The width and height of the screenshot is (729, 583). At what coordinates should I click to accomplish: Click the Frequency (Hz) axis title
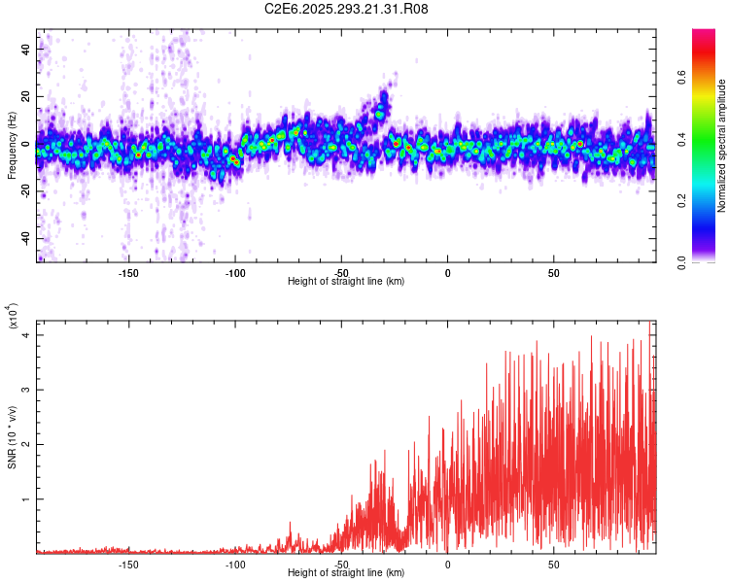tap(12, 146)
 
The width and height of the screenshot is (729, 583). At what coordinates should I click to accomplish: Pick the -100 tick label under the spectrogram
tap(234, 272)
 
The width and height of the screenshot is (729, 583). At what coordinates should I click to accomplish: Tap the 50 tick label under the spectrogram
tap(553, 272)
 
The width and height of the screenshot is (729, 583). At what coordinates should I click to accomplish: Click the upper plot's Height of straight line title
tap(347, 282)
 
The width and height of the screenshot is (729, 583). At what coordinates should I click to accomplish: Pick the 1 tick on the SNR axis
tap(26, 499)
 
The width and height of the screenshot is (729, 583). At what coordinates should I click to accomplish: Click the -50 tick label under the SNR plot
tap(341, 564)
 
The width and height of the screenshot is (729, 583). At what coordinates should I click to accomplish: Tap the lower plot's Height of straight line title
tap(347, 573)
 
